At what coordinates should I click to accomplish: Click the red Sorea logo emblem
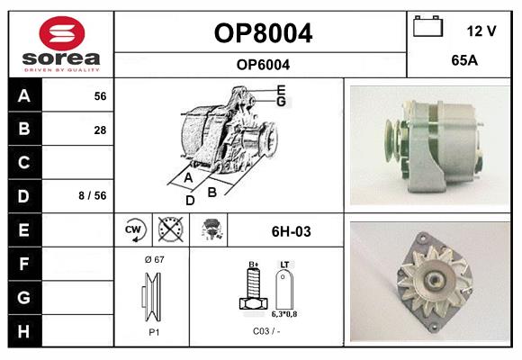click(x=62, y=33)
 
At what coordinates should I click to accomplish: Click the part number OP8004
click(x=263, y=33)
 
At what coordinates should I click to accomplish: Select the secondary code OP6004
click(x=263, y=65)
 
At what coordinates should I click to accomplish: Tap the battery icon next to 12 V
click(x=427, y=27)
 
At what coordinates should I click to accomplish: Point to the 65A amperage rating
click(x=464, y=60)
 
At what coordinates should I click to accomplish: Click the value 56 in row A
click(x=100, y=96)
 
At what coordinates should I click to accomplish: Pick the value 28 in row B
click(x=100, y=130)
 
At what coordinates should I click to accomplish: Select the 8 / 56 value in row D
click(x=93, y=195)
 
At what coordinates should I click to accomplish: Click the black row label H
click(x=24, y=331)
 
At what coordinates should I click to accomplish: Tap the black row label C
click(x=24, y=163)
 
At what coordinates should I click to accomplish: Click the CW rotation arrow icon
click(x=134, y=229)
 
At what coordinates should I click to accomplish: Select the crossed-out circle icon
click(x=171, y=229)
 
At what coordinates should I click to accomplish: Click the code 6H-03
click(x=292, y=231)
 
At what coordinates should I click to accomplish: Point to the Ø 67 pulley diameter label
click(x=155, y=259)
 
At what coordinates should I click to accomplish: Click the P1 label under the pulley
click(x=154, y=332)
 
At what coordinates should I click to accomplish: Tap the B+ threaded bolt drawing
click(x=253, y=287)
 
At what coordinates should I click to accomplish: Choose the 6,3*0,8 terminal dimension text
click(x=284, y=314)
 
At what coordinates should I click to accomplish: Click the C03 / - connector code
click(x=266, y=331)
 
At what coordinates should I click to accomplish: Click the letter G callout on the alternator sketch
click(x=282, y=102)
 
